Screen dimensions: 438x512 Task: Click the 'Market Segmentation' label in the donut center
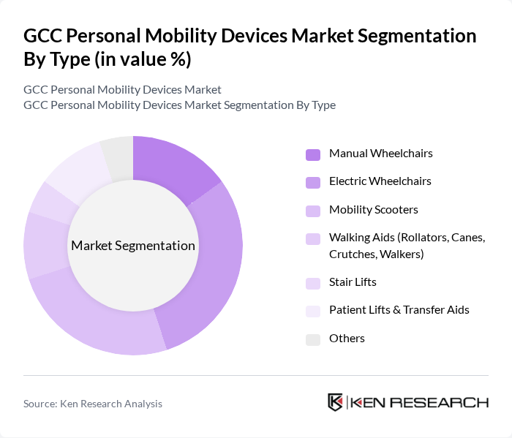(x=133, y=246)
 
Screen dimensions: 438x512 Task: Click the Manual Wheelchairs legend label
(x=380, y=154)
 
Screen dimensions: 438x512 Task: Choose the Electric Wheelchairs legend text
(x=380, y=181)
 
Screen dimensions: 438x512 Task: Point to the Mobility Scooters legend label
(x=373, y=210)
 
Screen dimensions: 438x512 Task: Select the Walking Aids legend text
(x=407, y=246)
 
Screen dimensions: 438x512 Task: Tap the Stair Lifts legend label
(x=353, y=282)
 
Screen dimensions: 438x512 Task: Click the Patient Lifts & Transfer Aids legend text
(x=399, y=310)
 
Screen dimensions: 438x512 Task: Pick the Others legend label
(x=347, y=339)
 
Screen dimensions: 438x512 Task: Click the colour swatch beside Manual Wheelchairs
(x=313, y=154)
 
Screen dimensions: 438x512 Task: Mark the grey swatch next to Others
(x=313, y=339)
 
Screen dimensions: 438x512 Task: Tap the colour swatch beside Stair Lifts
(x=313, y=283)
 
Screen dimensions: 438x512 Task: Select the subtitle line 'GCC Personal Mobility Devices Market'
(x=122, y=90)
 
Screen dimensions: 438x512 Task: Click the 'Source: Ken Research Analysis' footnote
(x=93, y=404)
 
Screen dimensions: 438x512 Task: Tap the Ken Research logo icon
(x=336, y=403)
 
